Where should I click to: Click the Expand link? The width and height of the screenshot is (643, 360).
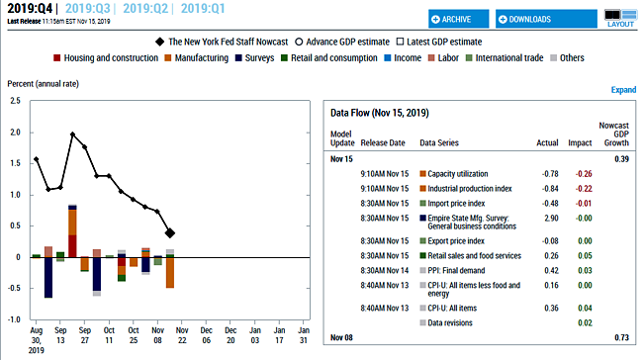pos(623,90)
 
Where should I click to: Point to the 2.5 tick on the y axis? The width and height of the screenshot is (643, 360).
pos(13,101)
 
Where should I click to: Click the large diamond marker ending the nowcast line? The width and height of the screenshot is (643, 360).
pos(170,233)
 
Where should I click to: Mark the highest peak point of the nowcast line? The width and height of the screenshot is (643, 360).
pos(73,134)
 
